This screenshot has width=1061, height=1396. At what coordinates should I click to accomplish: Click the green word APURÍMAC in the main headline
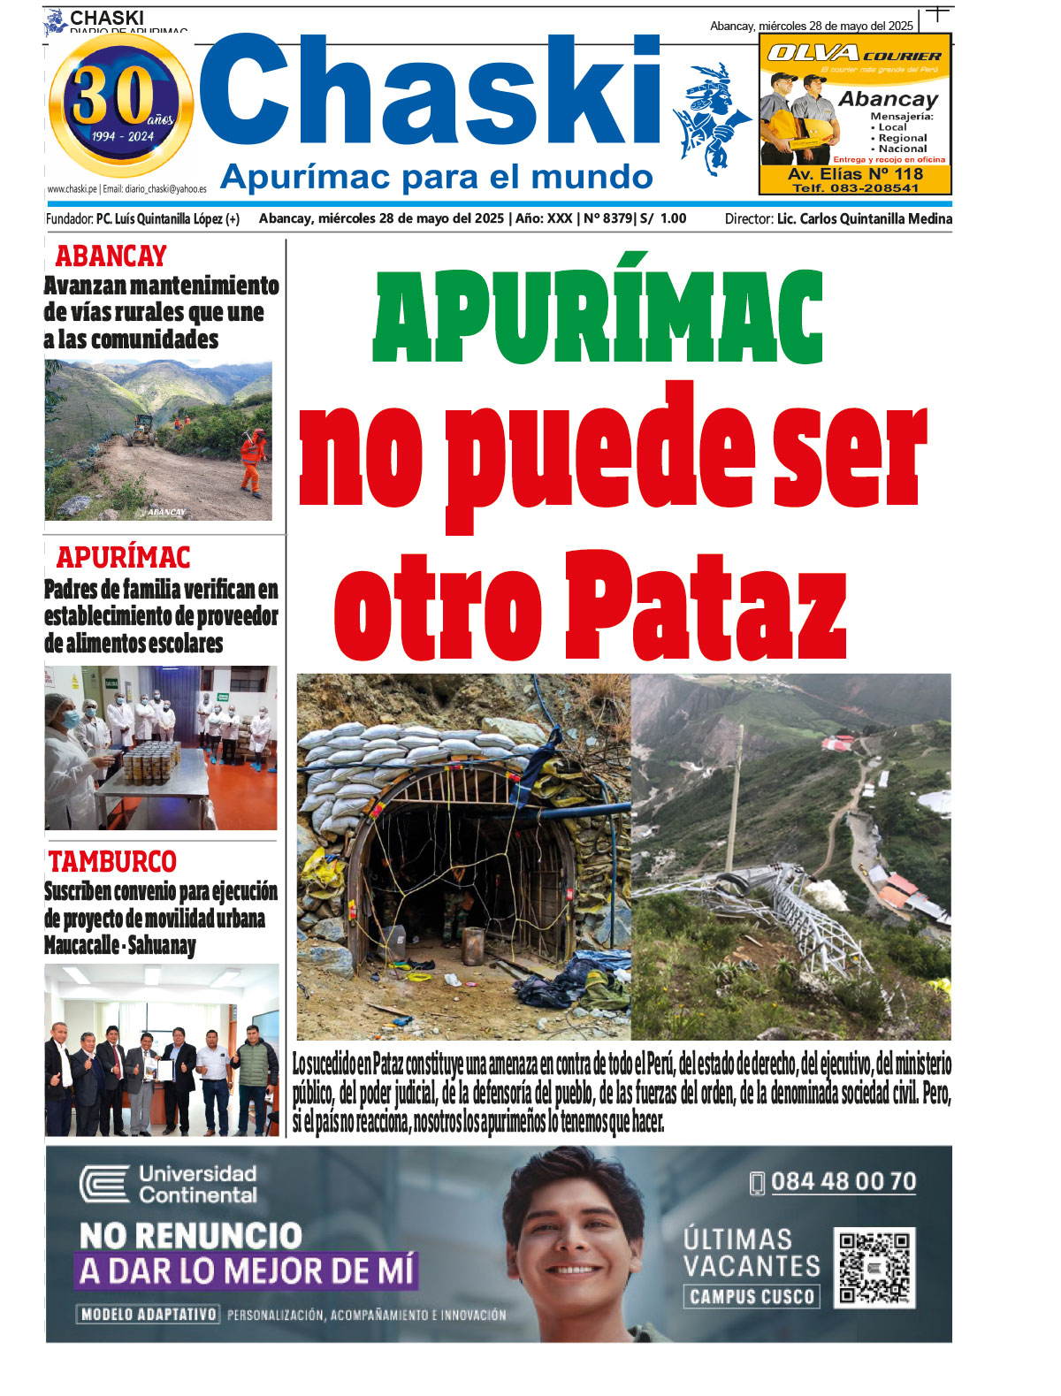pyautogui.click(x=598, y=317)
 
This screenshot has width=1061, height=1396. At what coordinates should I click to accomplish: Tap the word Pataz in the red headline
pyautogui.click(x=705, y=607)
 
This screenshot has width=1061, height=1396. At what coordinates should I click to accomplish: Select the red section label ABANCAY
pyautogui.click(x=111, y=256)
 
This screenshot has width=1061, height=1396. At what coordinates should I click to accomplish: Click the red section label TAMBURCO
pyautogui.click(x=112, y=861)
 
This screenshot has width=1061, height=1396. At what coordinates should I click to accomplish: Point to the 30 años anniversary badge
pyautogui.click(x=121, y=103)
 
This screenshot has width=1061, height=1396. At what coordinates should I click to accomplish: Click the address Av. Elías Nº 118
pyautogui.click(x=855, y=174)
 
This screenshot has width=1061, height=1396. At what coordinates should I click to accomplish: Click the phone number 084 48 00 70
pyautogui.click(x=843, y=1182)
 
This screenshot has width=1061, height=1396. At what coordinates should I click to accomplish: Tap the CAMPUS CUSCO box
pyautogui.click(x=752, y=1297)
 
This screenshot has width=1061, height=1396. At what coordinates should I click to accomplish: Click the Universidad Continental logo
pyautogui.click(x=168, y=1185)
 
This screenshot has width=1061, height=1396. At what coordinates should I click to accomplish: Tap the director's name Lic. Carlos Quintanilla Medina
pyautogui.click(x=864, y=218)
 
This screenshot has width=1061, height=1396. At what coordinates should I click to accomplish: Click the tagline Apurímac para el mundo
pyautogui.click(x=436, y=177)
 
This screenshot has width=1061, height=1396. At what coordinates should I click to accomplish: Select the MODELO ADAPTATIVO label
pyautogui.click(x=148, y=1315)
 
